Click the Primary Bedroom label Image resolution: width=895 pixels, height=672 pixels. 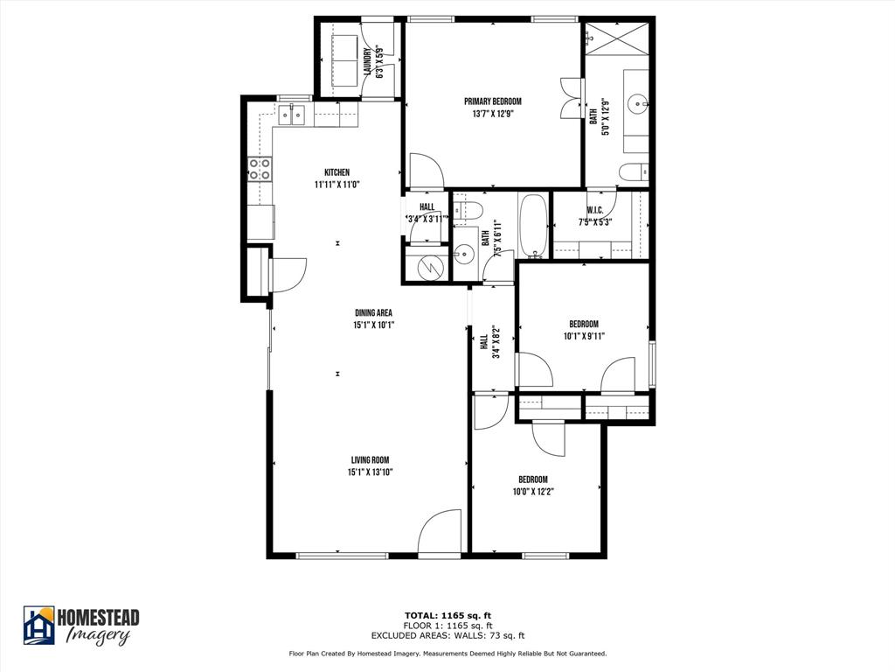coord(492,101)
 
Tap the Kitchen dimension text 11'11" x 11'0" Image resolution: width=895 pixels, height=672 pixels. coord(336,185)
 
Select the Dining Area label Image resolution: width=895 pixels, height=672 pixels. coord(372,313)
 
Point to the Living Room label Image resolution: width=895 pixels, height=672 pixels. coord(370,460)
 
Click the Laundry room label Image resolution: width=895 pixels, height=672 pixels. coord(368,62)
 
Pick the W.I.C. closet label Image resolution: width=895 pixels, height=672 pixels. coord(594,210)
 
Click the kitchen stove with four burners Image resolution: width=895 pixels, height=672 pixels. coord(260,168)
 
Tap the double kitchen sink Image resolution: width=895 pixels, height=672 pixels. coord(292,114)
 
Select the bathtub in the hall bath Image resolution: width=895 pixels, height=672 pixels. coord(532,226)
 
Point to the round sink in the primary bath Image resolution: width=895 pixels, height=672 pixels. coord(642,103)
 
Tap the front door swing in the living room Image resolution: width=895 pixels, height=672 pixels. coord(440,534)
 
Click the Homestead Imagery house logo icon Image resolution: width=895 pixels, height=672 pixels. coord(38,625)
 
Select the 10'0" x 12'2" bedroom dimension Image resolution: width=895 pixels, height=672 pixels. coord(532,491)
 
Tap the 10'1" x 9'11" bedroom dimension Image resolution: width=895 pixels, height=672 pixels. coord(584,335)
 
